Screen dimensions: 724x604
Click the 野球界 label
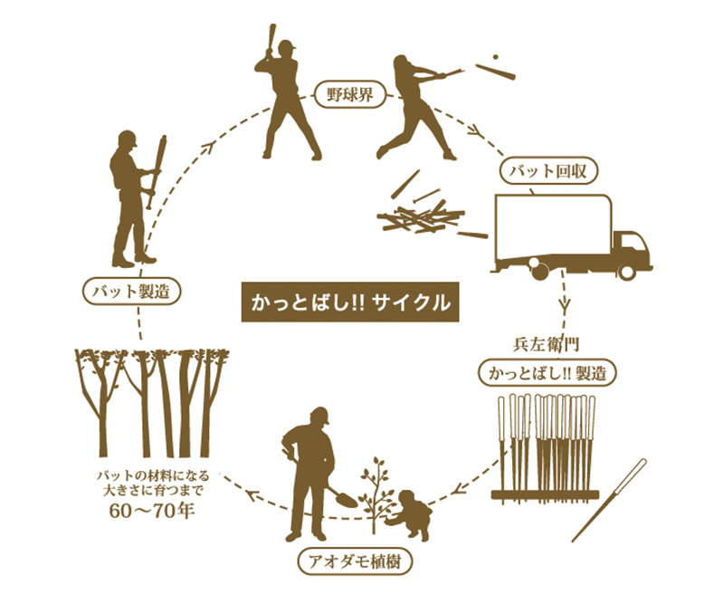point(349,95)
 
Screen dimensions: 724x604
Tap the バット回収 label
point(548,171)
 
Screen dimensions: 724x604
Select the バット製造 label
point(130,292)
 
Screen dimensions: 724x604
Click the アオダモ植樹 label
point(355,561)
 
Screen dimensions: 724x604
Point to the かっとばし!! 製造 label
point(548,372)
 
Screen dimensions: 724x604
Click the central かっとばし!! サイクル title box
point(350,302)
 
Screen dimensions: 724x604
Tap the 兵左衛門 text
point(547,345)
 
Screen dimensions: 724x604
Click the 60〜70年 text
point(152,510)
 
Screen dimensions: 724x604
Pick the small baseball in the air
point(495,57)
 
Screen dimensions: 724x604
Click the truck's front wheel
point(626,272)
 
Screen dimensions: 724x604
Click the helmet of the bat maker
point(128,139)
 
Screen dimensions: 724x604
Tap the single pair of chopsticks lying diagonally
point(609,500)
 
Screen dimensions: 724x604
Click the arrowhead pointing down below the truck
point(565,305)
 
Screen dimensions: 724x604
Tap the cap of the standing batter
point(287,45)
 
